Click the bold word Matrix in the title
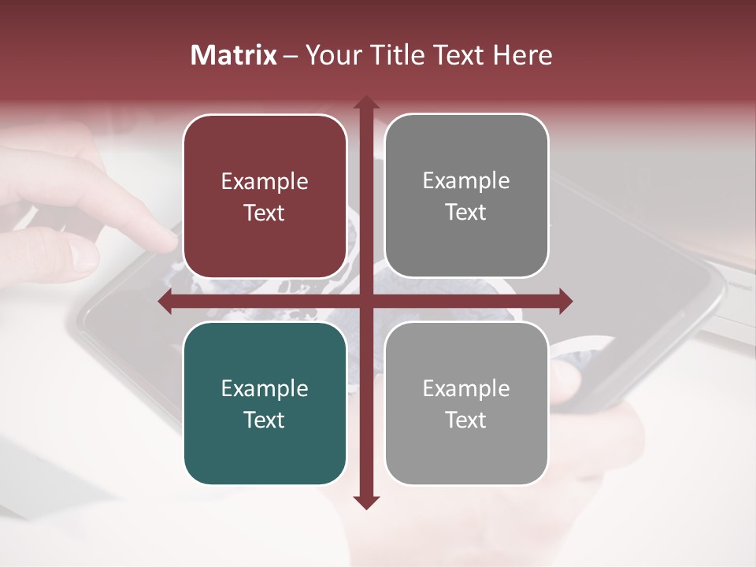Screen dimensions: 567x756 click(x=234, y=55)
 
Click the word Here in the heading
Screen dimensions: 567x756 click(x=524, y=55)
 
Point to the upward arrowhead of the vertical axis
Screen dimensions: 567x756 click(x=365, y=102)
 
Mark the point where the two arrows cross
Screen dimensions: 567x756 click(x=365, y=301)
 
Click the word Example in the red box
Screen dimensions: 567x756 click(x=265, y=182)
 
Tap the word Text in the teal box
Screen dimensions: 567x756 click(x=265, y=420)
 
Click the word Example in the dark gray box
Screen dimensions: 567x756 click(x=466, y=181)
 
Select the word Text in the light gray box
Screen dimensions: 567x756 click(x=466, y=420)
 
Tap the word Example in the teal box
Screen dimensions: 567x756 click(x=265, y=389)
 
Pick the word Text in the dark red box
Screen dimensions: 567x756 click(x=265, y=213)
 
